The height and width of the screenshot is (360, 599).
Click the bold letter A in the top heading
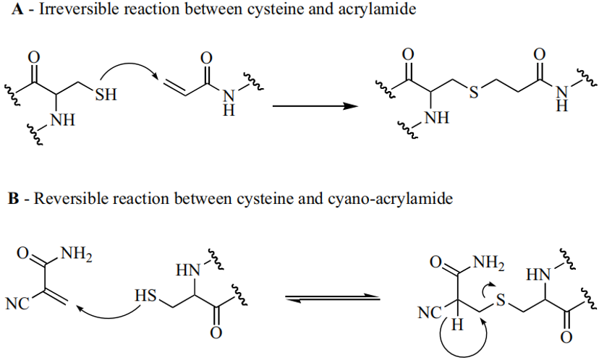point(17,9)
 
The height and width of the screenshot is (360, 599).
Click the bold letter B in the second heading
point(14,199)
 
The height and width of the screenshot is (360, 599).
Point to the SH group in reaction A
point(106,94)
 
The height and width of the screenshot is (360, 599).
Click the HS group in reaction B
point(145,296)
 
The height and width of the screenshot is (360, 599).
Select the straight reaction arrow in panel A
point(315,106)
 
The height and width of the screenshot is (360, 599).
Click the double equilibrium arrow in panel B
point(333,298)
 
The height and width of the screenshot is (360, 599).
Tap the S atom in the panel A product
point(474,92)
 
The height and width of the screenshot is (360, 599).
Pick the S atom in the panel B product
point(501,301)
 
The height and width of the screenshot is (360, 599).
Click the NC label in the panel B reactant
point(17,304)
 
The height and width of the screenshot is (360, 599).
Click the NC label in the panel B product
point(430,313)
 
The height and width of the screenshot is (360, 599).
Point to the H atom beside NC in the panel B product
point(457,325)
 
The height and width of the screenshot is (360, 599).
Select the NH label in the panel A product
point(438,118)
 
